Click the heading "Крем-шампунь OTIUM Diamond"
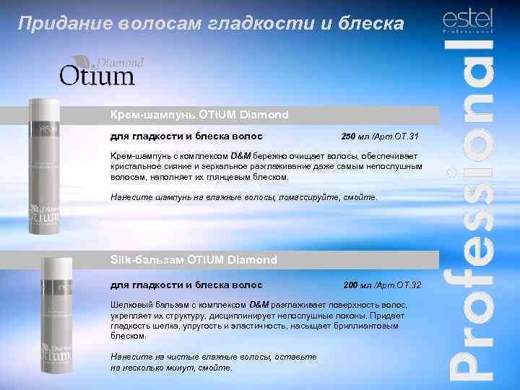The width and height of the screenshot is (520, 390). [199, 115]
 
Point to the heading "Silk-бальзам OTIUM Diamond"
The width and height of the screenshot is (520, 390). [194, 259]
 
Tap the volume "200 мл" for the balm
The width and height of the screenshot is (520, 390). [359, 285]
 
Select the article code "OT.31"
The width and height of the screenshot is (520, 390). [407, 136]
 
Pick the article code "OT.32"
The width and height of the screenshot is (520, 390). [409, 285]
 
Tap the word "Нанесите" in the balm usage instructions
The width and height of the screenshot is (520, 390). [129, 357]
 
